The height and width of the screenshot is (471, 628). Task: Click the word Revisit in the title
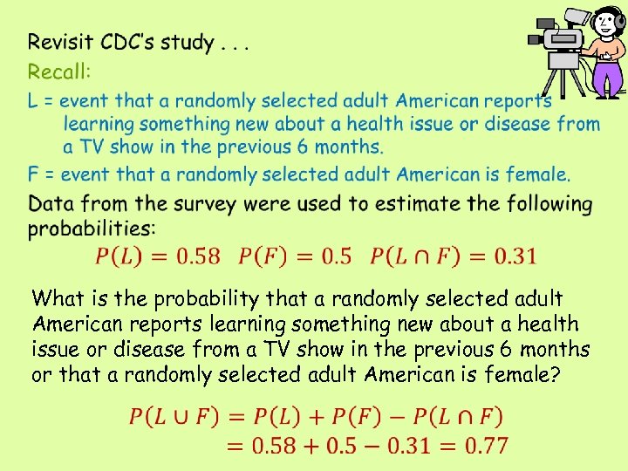point(60,42)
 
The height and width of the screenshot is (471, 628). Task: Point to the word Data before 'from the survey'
point(51,204)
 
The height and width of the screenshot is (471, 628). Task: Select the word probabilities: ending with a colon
point(92,229)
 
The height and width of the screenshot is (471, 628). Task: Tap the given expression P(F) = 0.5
point(296,256)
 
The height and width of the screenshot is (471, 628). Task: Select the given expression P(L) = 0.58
point(157,256)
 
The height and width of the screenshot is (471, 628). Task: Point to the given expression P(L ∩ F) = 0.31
point(454,256)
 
